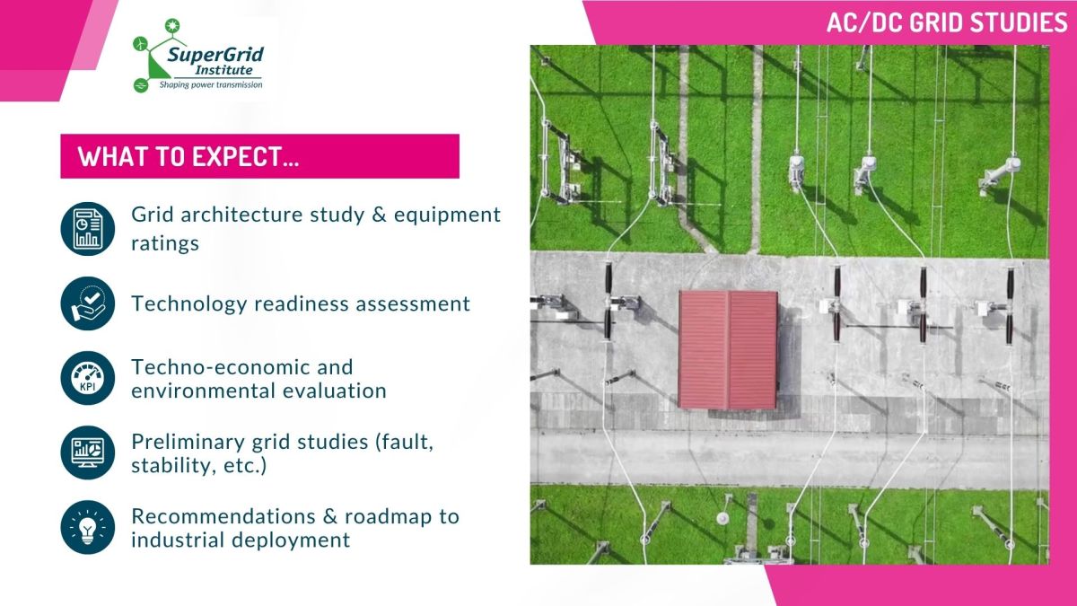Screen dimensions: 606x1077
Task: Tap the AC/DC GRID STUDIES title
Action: [x=947, y=22]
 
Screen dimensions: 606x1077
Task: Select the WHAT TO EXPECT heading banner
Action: [x=259, y=156]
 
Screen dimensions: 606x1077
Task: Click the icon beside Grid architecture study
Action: [x=88, y=229]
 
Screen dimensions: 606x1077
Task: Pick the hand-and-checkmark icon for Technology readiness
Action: [x=88, y=303]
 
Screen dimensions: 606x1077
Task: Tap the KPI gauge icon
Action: [x=88, y=378]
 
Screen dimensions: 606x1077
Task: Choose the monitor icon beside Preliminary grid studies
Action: [x=88, y=452]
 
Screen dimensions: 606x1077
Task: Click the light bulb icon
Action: [x=88, y=527]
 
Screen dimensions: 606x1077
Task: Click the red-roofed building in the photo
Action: [x=728, y=348]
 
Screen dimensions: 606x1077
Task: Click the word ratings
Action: [x=165, y=243]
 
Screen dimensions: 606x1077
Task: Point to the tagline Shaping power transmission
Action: [x=211, y=84]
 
